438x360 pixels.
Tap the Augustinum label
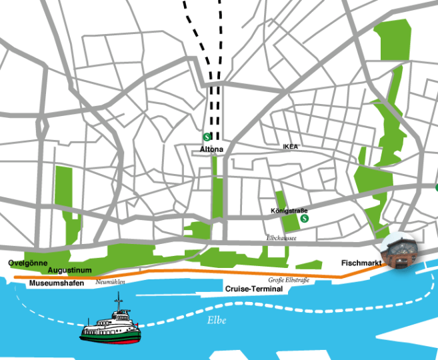point(69,270)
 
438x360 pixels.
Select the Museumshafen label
point(56,284)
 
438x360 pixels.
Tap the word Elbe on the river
point(215,321)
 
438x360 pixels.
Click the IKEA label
point(290,146)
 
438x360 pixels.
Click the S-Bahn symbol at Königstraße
point(305,217)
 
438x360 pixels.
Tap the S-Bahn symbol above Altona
point(207,139)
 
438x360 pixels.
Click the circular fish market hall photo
point(399,251)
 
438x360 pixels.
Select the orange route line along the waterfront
point(200,273)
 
